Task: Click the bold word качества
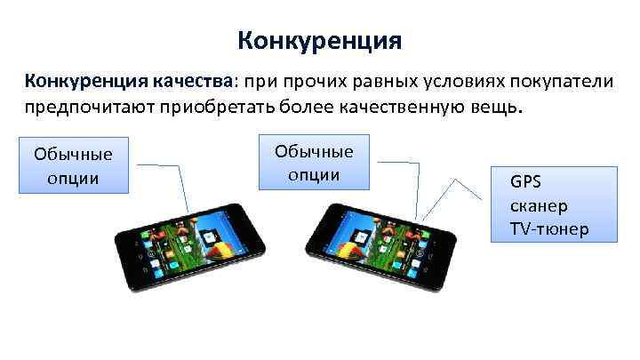190,83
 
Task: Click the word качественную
409,108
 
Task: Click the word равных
369,83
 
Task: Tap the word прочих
304,83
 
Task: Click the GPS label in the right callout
525,183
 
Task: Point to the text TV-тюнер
548,229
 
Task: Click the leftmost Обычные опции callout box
74,164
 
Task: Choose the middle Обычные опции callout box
314,162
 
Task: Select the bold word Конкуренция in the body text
84,83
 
